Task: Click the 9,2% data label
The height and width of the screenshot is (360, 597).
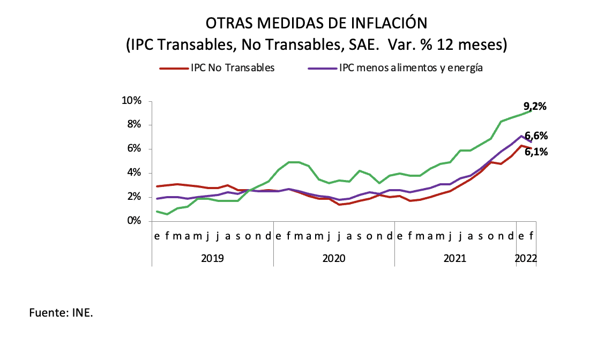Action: [534, 106]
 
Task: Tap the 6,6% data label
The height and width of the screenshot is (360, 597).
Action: [536, 136]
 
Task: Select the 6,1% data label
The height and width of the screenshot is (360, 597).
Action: [536, 152]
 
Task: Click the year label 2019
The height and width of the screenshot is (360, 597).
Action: [213, 258]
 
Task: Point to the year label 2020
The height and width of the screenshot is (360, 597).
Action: [334, 258]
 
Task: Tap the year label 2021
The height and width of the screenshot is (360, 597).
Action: [455, 258]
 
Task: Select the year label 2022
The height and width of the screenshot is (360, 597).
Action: [526, 258]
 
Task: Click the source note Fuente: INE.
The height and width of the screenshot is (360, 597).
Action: [61, 313]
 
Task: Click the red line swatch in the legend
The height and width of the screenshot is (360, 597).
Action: [174, 69]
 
